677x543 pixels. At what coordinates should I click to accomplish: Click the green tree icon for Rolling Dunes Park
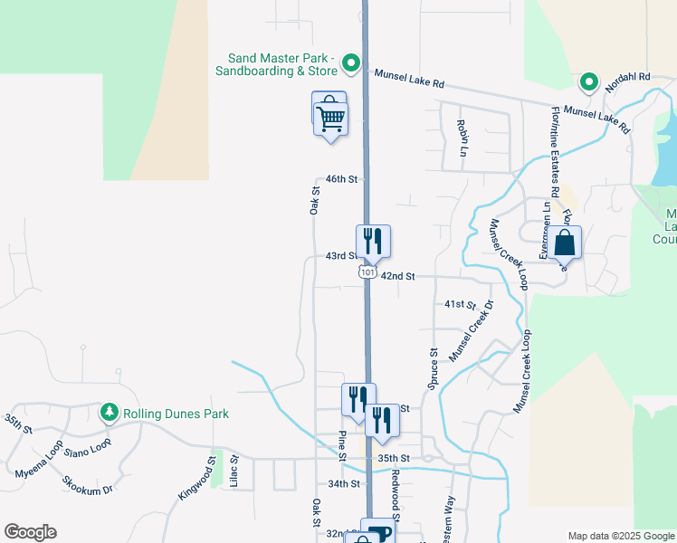coord(110,413)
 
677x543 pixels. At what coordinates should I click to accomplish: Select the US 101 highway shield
coord(367,271)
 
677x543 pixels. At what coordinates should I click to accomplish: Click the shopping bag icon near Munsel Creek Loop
coord(564,243)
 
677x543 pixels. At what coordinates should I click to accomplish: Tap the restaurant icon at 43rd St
coord(373,242)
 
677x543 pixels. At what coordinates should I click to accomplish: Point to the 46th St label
coord(342,179)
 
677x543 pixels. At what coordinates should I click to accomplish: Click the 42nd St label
coord(397,276)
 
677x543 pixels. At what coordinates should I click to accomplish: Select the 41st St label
coord(460,305)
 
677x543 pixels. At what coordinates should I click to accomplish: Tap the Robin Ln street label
coord(462,136)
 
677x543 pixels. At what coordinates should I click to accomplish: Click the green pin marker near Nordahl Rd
coord(588,82)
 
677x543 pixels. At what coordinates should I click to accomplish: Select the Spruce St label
coord(434,369)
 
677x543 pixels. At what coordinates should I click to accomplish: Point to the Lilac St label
coord(234,472)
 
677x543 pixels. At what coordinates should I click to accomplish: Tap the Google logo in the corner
coord(30,532)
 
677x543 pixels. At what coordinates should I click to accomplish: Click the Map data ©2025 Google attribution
coord(620,536)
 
